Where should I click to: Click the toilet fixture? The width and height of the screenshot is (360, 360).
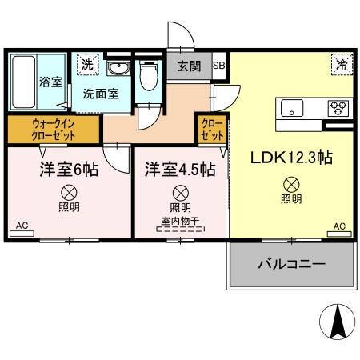pos(146,78)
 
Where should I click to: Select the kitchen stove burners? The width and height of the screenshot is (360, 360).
pos(337,108)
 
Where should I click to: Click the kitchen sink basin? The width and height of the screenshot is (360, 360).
pos(290,108)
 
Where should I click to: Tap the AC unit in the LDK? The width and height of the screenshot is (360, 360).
pos(339,231)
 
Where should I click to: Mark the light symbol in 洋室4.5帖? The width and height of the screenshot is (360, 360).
pos(180,192)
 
